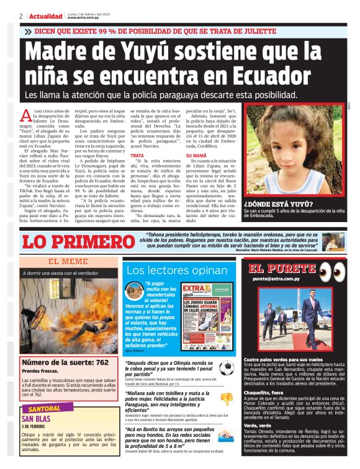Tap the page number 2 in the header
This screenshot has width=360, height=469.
coord(21,16)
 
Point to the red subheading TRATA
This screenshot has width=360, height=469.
coord(137,155)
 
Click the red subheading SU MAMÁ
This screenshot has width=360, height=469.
coord(197,155)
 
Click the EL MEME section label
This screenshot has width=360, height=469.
coord(68,262)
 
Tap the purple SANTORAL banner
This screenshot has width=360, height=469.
coord(45,409)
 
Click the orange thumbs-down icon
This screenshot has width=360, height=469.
coord(227,399)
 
